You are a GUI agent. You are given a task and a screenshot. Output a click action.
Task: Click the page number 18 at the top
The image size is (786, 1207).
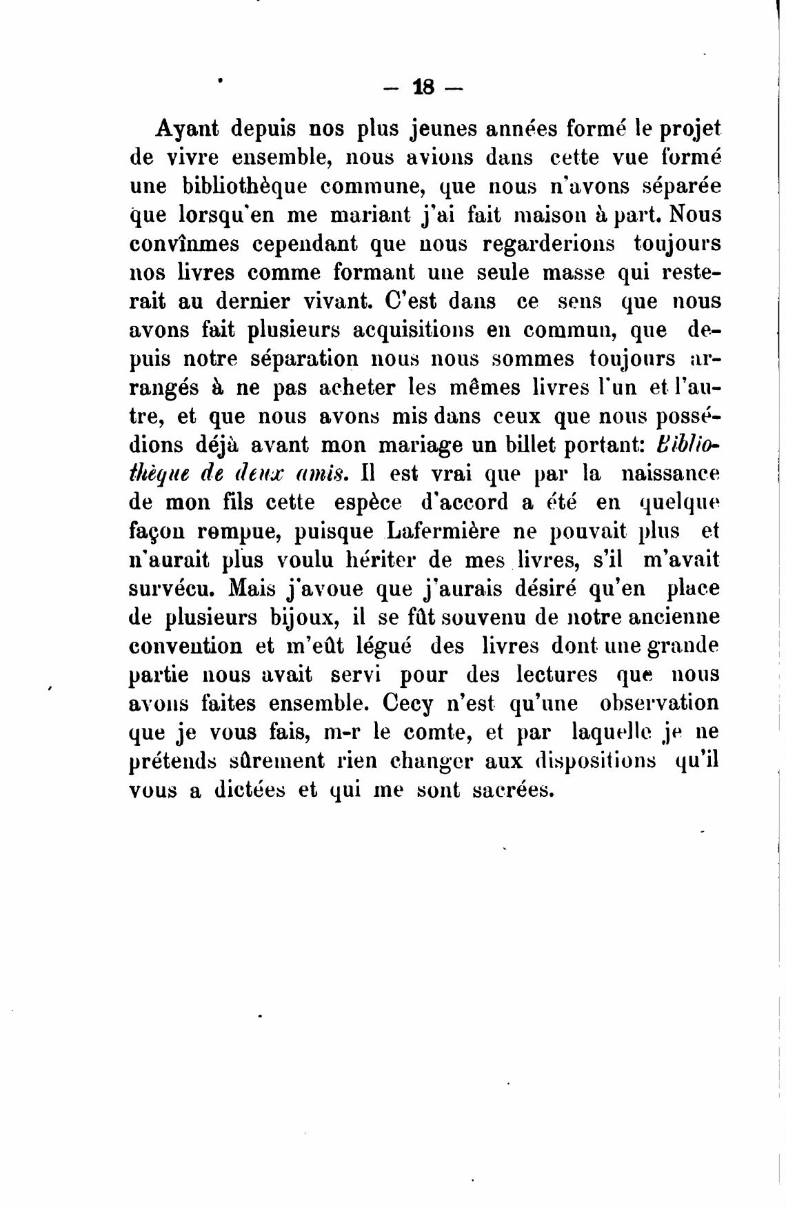click(x=423, y=88)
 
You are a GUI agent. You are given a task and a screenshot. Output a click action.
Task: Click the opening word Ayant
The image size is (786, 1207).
click(x=188, y=128)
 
